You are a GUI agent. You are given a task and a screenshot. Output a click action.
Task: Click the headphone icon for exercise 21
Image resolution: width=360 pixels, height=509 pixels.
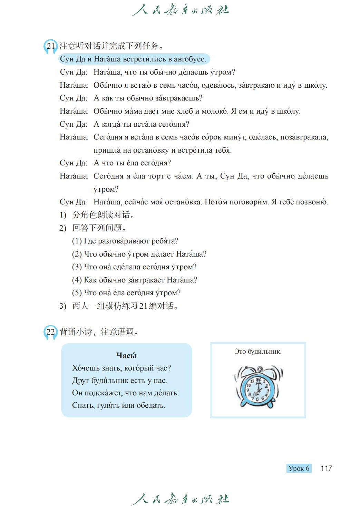click(50, 47)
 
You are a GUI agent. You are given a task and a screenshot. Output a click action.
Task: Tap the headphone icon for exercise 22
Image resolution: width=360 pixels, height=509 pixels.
click(50, 333)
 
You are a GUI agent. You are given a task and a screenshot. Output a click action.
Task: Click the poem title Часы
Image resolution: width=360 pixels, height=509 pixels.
click(126, 355)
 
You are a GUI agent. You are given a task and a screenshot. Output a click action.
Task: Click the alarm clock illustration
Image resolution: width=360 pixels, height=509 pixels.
click(258, 386)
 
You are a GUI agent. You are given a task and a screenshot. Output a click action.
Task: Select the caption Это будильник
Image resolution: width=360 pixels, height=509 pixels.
click(257, 352)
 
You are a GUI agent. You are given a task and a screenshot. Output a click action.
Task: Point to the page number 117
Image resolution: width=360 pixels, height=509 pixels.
click(326, 468)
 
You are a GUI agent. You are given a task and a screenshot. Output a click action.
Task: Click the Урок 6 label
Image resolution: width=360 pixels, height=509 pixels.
click(299, 468)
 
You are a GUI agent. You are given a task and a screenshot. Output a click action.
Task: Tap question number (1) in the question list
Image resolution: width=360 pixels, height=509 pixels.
click(77, 241)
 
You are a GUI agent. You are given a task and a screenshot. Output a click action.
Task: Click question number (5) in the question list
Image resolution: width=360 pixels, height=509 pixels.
click(77, 293)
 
